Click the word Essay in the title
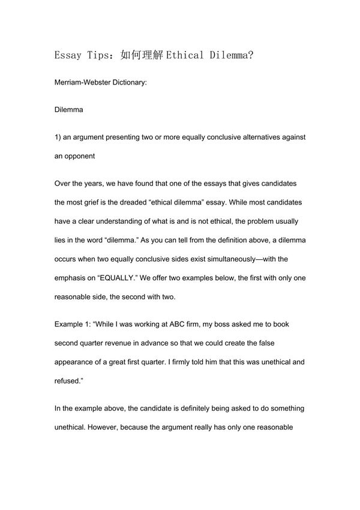click(x=67, y=56)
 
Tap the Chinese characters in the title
click(x=142, y=56)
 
